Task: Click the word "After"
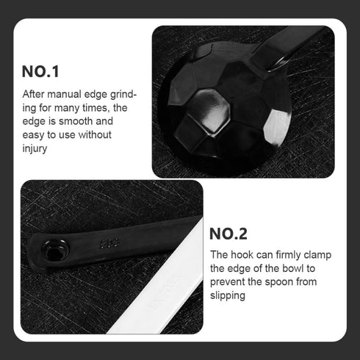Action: (x=34, y=94)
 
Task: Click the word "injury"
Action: (x=35, y=148)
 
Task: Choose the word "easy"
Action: (x=34, y=134)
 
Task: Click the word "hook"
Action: (x=240, y=255)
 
